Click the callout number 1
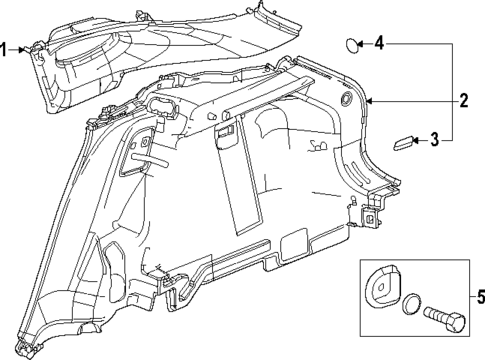5,47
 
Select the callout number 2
463,100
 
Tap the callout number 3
434,141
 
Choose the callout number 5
477,297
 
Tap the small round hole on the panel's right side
344,100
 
